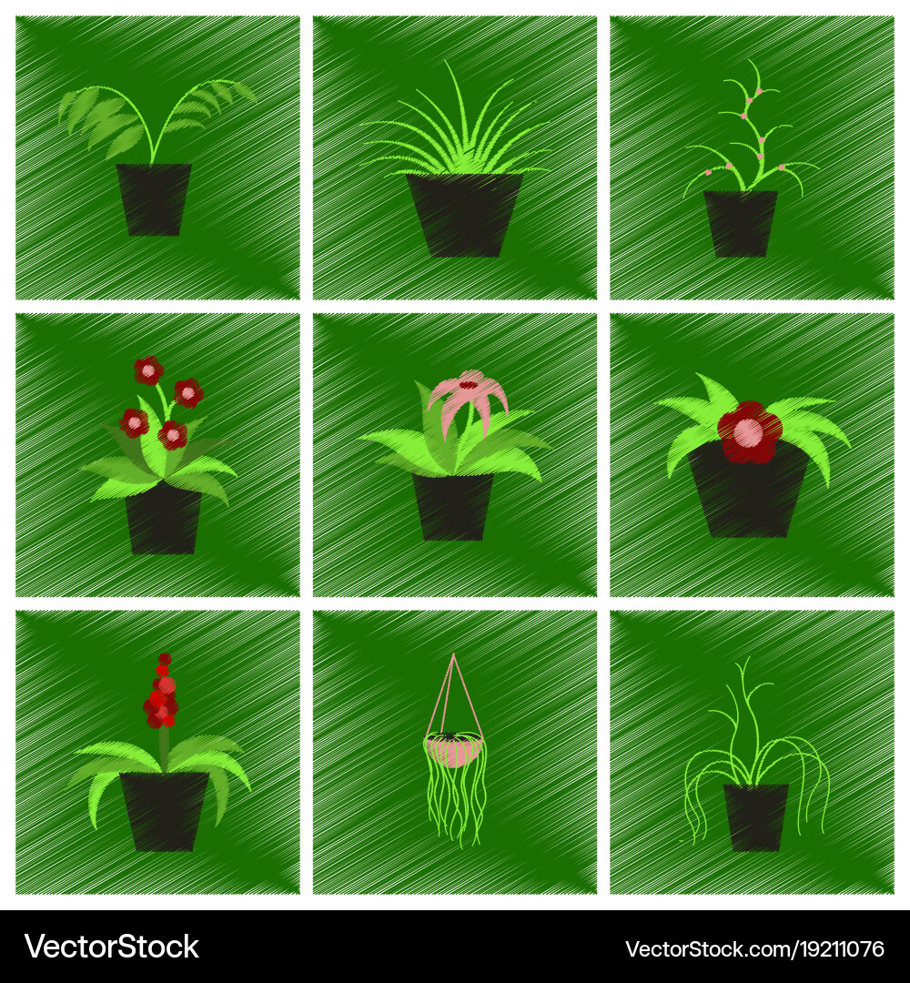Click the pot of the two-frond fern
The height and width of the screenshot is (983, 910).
(153, 199)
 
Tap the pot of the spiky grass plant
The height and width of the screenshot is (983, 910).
(464, 214)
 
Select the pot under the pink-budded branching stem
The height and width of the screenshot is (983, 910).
(740, 223)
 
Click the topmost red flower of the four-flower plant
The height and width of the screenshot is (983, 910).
(147, 370)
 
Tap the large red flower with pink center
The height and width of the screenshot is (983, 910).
(749, 430)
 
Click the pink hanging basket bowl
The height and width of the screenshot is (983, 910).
(453, 750)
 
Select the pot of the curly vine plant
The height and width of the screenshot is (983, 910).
(755, 816)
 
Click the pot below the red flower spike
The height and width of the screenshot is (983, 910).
(165, 809)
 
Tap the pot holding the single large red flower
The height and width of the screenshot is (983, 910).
(748, 496)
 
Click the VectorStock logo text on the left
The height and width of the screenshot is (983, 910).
(112, 947)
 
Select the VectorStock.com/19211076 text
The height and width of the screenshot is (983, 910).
(754, 948)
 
